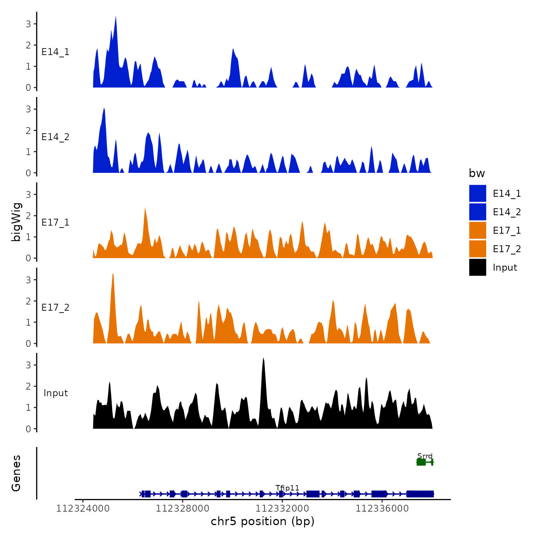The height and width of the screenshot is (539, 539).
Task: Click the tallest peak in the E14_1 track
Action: (x=115, y=17)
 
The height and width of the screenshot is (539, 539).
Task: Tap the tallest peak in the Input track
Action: (x=263, y=359)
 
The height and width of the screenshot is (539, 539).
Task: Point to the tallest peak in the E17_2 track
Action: (x=113, y=275)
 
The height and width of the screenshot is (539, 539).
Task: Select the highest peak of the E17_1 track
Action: (x=145, y=209)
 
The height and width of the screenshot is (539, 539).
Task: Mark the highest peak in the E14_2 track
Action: (x=104, y=109)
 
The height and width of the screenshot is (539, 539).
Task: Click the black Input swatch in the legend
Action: (x=477, y=267)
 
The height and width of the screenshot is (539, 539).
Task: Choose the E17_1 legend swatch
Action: (x=477, y=230)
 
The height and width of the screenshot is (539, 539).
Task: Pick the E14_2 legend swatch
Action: (x=477, y=212)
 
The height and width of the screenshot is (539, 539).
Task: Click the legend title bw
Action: (x=477, y=173)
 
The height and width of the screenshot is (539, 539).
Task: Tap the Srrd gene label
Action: (x=425, y=456)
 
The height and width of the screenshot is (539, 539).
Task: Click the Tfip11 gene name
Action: (x=287, y=488)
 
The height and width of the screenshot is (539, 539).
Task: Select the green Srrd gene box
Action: (x=421, y=462)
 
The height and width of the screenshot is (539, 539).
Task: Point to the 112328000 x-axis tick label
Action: (x=182, y=509)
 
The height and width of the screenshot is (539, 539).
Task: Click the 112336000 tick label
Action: (x=382, y=509)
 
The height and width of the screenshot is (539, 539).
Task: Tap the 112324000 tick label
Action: (x=83, y=509)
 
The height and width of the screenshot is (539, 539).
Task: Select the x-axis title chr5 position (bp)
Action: (x=263, y=521)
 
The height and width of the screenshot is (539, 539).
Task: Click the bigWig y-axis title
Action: (x=17, y=222)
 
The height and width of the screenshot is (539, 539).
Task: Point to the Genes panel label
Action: (x=16, y=473)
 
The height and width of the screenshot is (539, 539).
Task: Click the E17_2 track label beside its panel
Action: (x=55, y=307)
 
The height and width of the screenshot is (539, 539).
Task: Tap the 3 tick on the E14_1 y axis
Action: (x=28, y=24)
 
